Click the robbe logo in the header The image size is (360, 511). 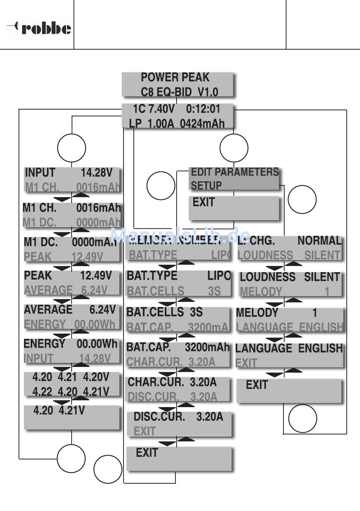tap(39, 28)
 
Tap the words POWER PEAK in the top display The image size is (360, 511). tap(175, 77)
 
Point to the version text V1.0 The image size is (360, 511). tap(208, 92)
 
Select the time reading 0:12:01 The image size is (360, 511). tap(203, 109)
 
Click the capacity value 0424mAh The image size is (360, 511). tap(202, 124)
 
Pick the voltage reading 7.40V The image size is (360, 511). tap(161, 109)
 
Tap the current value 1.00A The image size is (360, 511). tap(161, 124)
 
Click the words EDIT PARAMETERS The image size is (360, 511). tap(235, 172)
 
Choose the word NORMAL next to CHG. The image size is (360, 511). tap(319, 240)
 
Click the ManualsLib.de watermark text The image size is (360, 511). tap(180, 236)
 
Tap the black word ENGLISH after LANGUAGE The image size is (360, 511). tap(320, 348)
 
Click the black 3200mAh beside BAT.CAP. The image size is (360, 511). tap(207, 347)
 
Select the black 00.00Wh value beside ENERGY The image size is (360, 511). tap(97, 344)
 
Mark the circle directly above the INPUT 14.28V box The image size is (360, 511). tap(71, 148)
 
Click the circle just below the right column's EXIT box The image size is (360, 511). tap(302, 419)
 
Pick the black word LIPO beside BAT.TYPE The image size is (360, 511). tap(219, 276)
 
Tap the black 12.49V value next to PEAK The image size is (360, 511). tap(96, 275)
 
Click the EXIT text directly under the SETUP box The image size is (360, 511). tap(203, 202)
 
